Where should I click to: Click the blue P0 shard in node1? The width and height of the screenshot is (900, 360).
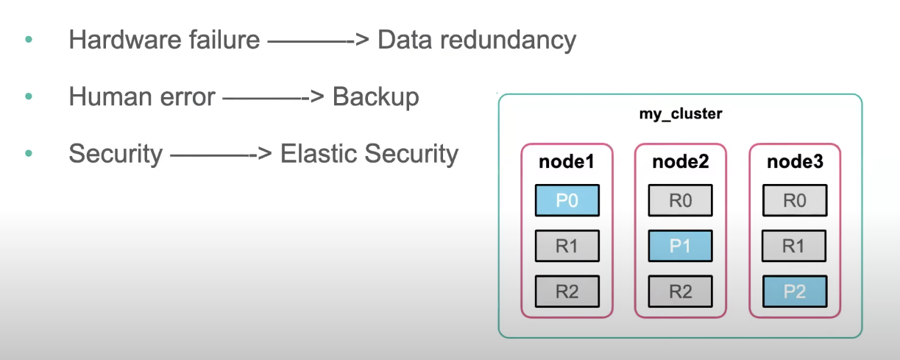[567, 200]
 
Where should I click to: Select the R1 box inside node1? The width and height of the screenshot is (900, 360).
[567, 246]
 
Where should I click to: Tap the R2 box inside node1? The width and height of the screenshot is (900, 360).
[567, 292]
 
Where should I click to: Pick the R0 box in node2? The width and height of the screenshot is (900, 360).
[681, 200]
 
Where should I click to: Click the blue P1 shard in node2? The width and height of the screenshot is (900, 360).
[681, 246]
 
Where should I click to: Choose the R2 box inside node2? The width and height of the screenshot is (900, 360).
[681, 292]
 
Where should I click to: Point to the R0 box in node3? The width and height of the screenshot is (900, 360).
[794, 200]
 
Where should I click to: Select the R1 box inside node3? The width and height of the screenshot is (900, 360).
[794, 246]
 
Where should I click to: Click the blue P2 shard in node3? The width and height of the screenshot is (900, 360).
[794, 292]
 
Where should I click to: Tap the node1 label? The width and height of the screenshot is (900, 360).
[567, 162]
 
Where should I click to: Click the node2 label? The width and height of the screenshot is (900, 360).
[681, 162]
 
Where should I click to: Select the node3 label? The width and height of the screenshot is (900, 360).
[795, 162]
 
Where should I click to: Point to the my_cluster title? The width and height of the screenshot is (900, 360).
[681, 115]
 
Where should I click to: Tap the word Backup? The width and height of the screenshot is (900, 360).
[375, 96]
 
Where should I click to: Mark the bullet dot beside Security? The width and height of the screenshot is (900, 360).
[29, 154]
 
